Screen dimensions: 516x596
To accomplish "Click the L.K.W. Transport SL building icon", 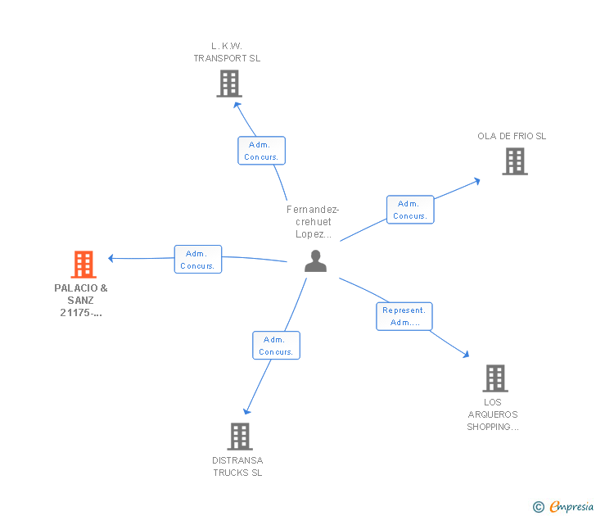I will point(229,83).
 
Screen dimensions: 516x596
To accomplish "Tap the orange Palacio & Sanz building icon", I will point(84,265).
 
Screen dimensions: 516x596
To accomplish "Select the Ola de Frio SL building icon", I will point(514,161).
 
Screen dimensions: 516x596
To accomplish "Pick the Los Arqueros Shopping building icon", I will point(494,378).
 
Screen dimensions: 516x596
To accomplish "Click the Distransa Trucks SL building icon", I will point(239,436).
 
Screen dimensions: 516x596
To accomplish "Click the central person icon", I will point(315,261).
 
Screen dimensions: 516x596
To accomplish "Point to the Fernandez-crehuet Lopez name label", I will point(313,221).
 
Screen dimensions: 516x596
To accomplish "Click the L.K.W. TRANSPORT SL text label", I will point(227,52).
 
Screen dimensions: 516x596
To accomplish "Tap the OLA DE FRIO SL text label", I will point(512,136).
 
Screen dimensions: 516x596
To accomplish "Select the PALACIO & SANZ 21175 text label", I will point(81,300).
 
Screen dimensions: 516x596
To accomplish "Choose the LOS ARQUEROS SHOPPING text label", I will point(493,414).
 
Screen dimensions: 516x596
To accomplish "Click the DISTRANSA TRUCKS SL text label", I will point(237,466).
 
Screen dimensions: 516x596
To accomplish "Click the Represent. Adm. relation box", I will point(404,316).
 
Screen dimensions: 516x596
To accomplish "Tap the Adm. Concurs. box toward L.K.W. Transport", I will point(261,151).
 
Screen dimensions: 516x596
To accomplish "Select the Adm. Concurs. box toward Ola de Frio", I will point(409,210).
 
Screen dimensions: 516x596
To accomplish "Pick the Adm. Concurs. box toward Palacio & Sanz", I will point(197,260).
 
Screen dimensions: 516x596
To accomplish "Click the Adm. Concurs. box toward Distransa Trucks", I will point(276,346).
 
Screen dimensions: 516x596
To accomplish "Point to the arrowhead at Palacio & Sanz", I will point(111,259).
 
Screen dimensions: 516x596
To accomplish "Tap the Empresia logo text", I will point(571,507).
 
